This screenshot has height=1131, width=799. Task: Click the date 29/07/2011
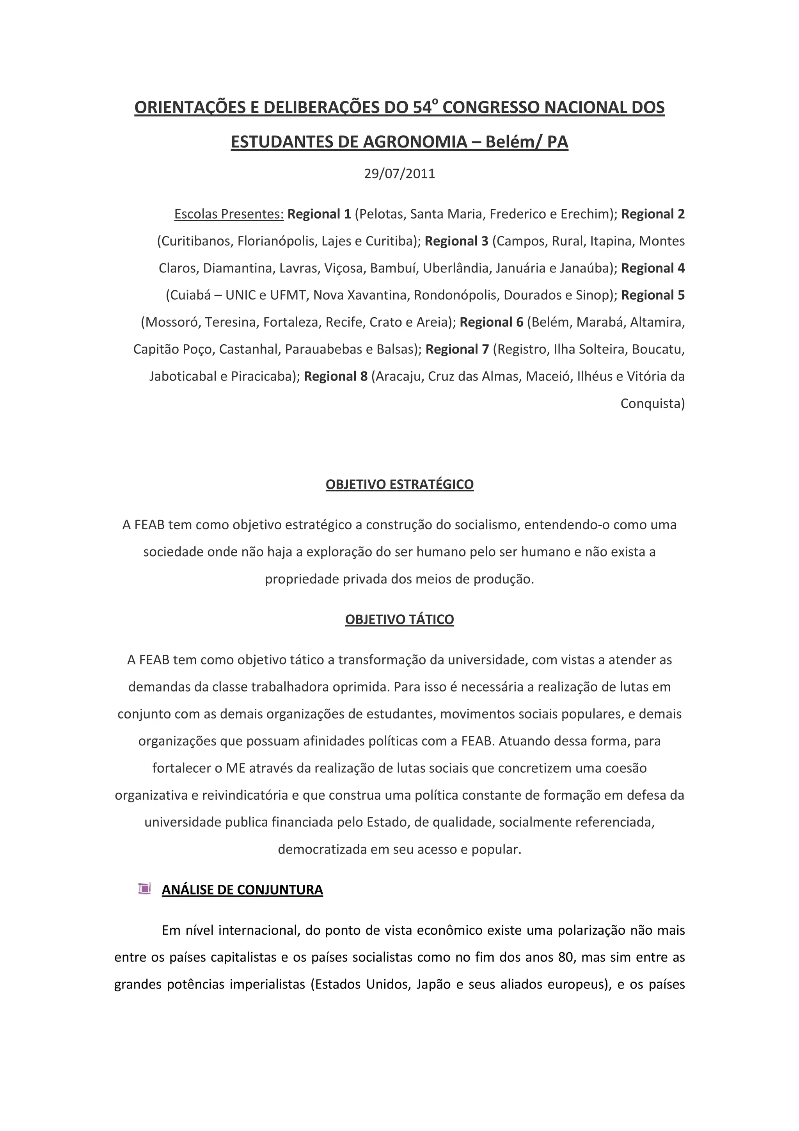pyautogui.click(x=399, y=174)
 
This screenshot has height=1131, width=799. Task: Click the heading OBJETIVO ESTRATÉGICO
pyautogui.click(x=399, y=484)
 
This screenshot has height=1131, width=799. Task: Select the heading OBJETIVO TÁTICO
pyautogui.click(x=399, y=619)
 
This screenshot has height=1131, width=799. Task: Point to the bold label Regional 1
pyautogui.click(x=319, y=214)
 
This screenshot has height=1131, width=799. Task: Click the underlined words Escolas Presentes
pyautogui.click(x=229, y=214)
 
